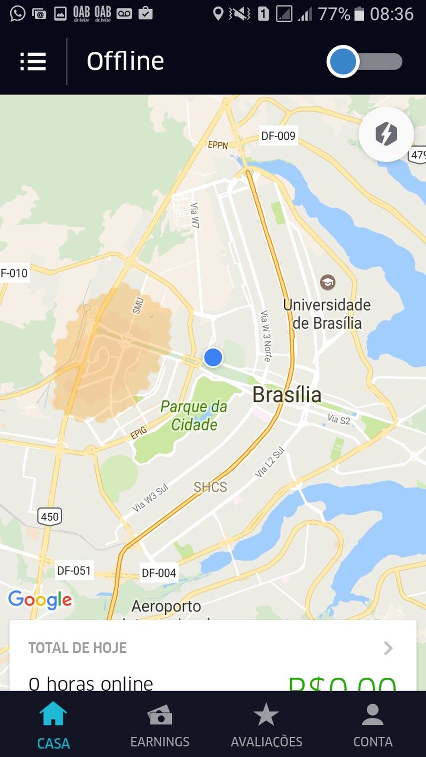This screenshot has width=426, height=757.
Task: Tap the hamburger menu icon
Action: click(33, 61)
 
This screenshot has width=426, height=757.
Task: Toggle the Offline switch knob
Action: click(343, 61)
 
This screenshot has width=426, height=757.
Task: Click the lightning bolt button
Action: click(386, 134)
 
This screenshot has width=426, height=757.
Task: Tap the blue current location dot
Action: click(213, 358)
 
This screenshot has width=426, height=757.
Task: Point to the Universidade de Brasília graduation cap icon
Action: click(328, 282)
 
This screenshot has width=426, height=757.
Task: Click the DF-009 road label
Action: click(278, 136)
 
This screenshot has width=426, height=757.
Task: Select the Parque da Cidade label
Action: click(194, 416)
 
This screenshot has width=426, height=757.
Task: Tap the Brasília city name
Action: click(287, 395)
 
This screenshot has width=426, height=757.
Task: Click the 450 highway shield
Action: click(50, 516)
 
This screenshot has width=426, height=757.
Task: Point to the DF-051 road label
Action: click(74, 570)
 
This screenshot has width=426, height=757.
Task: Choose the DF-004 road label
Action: click(159, 573)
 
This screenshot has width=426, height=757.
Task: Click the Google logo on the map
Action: click(40, 600)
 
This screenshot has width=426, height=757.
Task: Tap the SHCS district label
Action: click(210, 487)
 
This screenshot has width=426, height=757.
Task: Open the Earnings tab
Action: click(160, 727)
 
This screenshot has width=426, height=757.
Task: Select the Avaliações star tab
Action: click(266, 727)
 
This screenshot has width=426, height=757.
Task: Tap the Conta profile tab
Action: click(373, 727)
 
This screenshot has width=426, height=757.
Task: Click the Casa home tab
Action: click(53, 727)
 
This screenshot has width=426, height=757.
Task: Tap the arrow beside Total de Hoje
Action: click(388, 648)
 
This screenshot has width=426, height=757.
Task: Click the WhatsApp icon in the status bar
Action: click(17, 13)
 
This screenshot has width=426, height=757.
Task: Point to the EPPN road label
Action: click(217, 145)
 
